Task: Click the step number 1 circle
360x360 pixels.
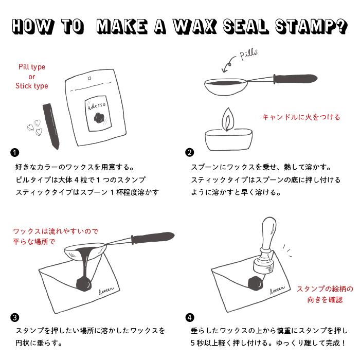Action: pos(14,152)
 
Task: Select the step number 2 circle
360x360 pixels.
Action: pos(190,152)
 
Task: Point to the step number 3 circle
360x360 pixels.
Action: pos(14,317)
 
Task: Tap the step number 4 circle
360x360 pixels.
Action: pos(190,317)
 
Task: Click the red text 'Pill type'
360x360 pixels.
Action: pos(32,67)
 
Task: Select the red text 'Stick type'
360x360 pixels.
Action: pos(32,86)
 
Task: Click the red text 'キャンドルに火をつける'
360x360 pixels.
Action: pos(301,117)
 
